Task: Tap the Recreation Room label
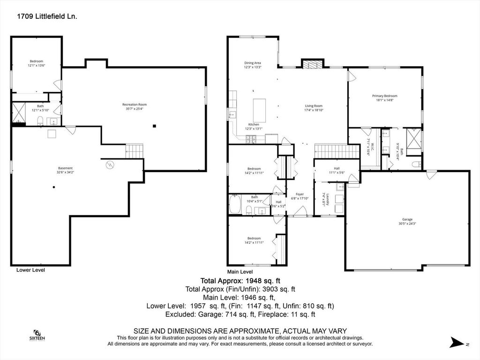pos(135,106)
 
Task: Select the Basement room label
pos(65,170)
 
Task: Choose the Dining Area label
pos(252,65)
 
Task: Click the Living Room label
pos(314,108)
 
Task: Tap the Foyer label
pos(300,196)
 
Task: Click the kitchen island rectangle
pos(259,111)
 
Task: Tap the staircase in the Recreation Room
pos(134,151)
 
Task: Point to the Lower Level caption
pos(30,270)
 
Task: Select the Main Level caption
pos(240,271)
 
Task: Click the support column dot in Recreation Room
pos(154,125)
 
